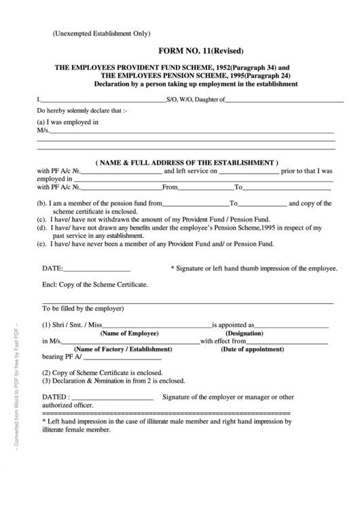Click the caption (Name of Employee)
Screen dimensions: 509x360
coord(129,334)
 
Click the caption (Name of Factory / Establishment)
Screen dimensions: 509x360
coord(128,349)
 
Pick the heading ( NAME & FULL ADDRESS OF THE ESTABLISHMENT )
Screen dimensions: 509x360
coord(187,163)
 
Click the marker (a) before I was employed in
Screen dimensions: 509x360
coord(42,122)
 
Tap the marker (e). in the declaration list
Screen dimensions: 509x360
coord(42,243)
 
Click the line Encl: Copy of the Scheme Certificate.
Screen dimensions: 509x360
coord(95,286)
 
